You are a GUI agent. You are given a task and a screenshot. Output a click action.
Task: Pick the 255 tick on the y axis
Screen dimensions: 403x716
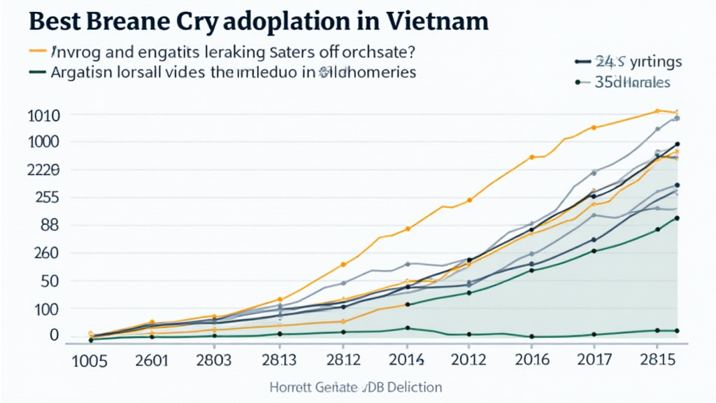point(45,197)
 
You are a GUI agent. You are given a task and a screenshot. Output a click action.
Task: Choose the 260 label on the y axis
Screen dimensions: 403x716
point(45,253)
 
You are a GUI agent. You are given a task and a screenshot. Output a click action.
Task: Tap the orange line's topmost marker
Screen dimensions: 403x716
point(657,111)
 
